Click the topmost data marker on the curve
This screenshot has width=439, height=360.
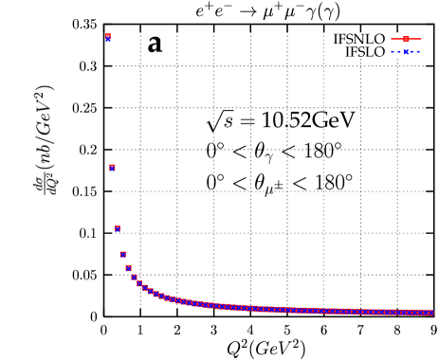tap(108, 37)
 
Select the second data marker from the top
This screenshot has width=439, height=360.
tap(112, 168)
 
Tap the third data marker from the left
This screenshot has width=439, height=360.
tap(118, 228)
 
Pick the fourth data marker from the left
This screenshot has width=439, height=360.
tap(122, 254)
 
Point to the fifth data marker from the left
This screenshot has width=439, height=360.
tap(128, 268)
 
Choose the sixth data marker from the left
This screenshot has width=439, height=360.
tap(134, 277)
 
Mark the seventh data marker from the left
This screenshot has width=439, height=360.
tap(139, 283)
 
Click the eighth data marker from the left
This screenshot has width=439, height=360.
tap(144, 287)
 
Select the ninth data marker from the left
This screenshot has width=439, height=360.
tap(150, 291)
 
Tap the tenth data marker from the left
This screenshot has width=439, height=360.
tap(155, 294)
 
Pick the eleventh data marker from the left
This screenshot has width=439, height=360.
tap(161, 296)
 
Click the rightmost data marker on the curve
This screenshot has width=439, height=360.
tap(431, 312)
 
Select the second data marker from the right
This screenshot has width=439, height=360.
tap(426, 312)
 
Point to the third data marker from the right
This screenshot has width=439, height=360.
tap(420, 312)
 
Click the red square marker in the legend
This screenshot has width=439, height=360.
tap(406, 39)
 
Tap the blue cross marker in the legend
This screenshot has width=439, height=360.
tap(406, 51)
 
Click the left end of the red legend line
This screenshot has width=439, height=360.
tap(392, 39)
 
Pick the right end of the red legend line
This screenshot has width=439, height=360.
tap(421, 39)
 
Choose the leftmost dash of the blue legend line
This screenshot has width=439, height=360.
tap(393, 51)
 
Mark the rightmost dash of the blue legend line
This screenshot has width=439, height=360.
tap(419, 51)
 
